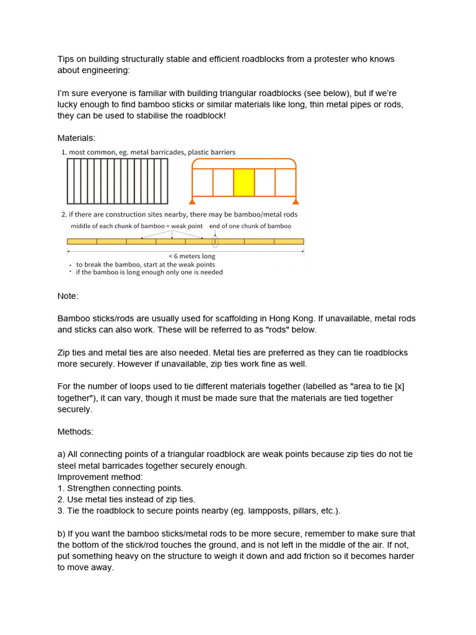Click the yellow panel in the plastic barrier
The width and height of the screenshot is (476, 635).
pyautogui.click(x=244, y=182)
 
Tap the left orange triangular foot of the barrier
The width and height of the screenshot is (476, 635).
pyautogui.click(x=193, y=201)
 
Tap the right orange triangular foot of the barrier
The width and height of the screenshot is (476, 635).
pyautogui.click(x=296, y=201)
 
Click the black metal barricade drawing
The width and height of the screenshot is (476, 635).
pyautogui.click(x=117, y=181)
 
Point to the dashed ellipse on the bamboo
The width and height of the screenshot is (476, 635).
pyautogui.click(x=215, y=241)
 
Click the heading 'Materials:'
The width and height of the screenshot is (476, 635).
pyautogui.click(x=77, y=138)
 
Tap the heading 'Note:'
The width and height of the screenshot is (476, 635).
pyautogui.click(x=68, y=296)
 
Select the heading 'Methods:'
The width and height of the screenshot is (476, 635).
pyautogui.click(x=76, y=431)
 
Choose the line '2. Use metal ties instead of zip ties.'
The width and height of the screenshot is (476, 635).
pyautogui.click(x=126, y=499)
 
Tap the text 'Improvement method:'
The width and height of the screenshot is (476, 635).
pyautogui.click(x=99, y=477)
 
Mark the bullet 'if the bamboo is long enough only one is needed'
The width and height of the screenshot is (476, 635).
pyautogui.click(x=149, y=272)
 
